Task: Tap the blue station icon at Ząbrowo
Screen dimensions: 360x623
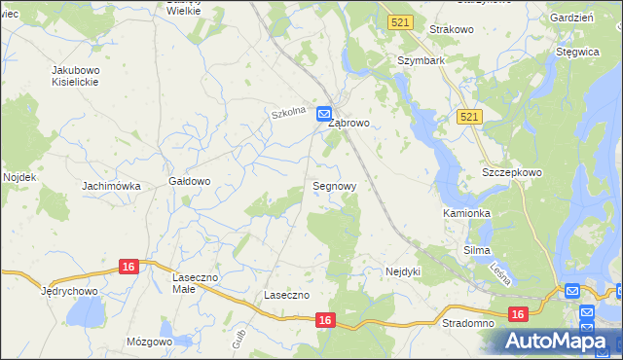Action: (x=324, y=114)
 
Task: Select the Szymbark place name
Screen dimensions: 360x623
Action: (x=421, y=60)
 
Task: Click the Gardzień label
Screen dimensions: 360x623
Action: (x=571, y=18)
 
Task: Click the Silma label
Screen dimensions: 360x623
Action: (x=477, y=250)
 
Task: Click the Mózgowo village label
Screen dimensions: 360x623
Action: (x=149, y=342)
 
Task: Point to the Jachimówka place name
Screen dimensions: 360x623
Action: (x=112, y=186)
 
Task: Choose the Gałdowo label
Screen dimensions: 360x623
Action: (x=190, y=181)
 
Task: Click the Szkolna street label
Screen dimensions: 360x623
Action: (x=288, y=113)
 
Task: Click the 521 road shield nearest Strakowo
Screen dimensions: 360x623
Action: (x=399, y=21)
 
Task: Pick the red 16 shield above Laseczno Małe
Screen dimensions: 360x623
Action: (x=128, y=266)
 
